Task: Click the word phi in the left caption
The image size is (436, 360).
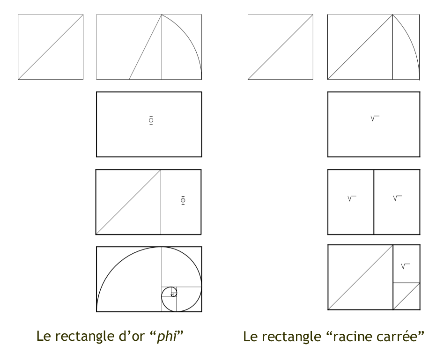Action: click(x=167, y=337)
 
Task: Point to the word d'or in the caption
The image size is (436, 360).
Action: click(x=132, y=336)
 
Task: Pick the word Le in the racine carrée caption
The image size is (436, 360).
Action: click(x=251, y=337)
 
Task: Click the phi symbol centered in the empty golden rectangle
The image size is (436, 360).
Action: click(x=151, y=120)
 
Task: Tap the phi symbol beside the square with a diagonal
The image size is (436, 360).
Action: click(x=183, y=200)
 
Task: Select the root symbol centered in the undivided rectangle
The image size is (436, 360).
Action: click(x=375, y=118)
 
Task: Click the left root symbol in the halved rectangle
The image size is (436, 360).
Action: click(x=352, y=198)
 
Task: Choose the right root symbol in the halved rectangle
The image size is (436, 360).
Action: click(x=397, y=198)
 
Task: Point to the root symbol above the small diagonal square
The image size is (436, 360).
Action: click(x=406, y=266)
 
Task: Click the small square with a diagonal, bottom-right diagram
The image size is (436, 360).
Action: click(x=406, y=296)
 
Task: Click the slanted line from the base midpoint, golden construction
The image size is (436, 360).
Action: click(x=146, y=47)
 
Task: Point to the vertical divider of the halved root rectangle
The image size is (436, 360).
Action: click(x=374, y=202)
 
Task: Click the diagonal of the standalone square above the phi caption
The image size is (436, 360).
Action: click(x=51, y=47)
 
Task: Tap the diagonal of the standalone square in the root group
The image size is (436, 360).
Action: click(x=281, y=47)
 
